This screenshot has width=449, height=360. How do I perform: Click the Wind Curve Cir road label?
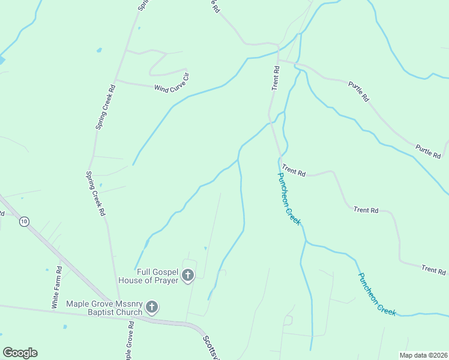tap(172, 83)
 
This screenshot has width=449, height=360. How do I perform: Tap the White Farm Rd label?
tap(56, 287)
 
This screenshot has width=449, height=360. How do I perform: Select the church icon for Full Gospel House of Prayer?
tap(188, 275)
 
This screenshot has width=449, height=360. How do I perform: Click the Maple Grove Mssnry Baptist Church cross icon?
tap(152, 308)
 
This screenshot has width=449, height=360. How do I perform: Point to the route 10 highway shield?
tap(23, 221)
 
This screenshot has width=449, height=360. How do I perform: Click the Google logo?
tap(20, 353)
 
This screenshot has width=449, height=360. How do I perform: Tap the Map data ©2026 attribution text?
tap(423, 355)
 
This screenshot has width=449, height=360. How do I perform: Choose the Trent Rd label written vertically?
tap(276, 79)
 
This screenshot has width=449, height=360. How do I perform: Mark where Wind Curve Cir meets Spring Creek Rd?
tap(115, 80)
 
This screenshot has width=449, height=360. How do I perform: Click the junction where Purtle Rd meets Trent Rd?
tap(278, 61)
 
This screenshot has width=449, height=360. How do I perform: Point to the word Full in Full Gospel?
tap(142, 272)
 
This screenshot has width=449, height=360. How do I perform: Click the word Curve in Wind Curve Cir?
tap(172, 83)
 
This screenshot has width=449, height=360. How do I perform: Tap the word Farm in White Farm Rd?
tap(56, 287)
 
